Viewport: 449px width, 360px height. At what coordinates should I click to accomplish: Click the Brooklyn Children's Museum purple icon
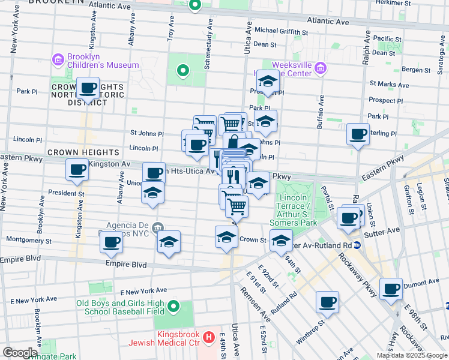coord(58,59)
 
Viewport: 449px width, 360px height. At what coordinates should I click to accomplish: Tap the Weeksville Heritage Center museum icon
coord(321,68)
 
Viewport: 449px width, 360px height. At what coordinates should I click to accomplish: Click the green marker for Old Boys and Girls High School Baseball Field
coord(173,307)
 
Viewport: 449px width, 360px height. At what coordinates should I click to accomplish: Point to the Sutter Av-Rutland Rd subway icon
coord(357,244)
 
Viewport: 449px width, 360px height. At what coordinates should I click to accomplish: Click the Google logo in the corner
coord(20,353)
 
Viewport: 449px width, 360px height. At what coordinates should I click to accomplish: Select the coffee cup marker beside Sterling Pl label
coord(358,134)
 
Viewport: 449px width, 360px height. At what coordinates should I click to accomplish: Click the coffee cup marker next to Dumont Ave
coord(391,289)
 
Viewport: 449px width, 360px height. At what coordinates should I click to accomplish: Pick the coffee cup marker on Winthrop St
coord(327,302)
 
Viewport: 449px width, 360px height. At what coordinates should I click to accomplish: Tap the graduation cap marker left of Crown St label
coord(226,237)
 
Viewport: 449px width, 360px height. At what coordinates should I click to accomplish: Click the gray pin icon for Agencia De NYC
coord(157,227)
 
